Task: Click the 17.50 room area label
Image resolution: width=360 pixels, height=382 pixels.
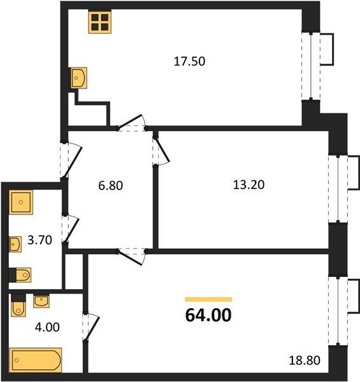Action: (189, 61)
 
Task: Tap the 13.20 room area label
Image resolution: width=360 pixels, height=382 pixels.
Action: (248, 185)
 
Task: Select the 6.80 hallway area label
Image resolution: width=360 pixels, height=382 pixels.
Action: (110, 186)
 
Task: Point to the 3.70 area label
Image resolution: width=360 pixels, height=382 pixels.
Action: (40, 240)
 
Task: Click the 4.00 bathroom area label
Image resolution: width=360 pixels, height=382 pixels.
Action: (47, 327)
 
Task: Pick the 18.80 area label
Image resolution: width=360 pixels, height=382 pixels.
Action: (305, 360)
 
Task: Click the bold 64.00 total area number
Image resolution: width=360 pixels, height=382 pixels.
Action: (208, 315)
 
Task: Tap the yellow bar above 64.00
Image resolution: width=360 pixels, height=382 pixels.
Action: (208, 299)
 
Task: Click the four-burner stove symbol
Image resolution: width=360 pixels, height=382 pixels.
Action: (100, 22)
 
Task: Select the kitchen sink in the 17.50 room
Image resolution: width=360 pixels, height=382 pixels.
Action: (79, 78)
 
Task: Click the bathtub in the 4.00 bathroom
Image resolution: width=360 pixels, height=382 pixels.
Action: (36, 360)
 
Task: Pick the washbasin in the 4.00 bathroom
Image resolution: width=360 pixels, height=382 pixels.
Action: (41, 301)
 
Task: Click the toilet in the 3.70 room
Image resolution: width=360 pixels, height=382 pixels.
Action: (20, 275)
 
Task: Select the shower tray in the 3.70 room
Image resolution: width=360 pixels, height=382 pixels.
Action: (21, 202)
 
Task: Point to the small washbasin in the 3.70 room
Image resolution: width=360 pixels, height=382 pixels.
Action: (15, 244)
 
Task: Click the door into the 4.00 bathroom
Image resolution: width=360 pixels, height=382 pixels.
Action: (91, 327)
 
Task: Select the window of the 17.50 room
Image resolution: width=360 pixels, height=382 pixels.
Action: (311, 66)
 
